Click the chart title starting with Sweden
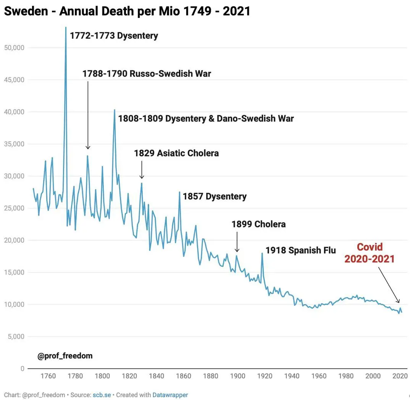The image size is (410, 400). pos(127,11)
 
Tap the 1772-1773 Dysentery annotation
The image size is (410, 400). pos(114,36)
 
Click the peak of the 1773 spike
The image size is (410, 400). pos(66,28)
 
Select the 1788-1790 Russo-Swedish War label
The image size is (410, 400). pos(147,73)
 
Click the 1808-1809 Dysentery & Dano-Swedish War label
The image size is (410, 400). pos(206,119)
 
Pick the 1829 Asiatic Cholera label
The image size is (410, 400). pos(176,153)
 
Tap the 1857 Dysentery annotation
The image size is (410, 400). pos(215,197)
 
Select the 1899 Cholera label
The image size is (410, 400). pos(258,224)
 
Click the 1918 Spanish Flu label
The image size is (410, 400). pos(300,250)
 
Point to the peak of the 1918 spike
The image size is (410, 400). pos(262,253)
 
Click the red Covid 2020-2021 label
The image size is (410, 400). pos(369,253)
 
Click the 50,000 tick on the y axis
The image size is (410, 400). pos(14,48)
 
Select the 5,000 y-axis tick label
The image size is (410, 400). pos(15,337)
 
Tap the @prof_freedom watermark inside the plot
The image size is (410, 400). pos(65,356)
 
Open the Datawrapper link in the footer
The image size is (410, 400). pos(170,395)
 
